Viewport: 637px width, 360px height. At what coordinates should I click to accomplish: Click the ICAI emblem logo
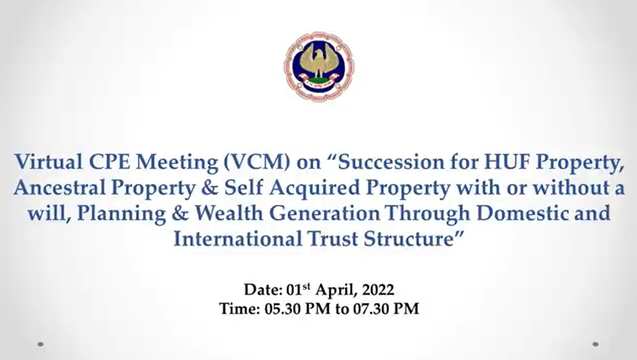(320, 66)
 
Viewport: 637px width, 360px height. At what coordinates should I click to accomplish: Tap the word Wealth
(229, 213)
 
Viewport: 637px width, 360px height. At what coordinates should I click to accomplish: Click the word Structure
(409, 238)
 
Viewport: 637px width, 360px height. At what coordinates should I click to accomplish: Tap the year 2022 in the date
(378, 290)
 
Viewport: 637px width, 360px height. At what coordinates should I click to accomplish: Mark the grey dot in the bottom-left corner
(40, 344)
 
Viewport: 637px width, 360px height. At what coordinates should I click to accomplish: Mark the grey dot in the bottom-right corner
(595, 344)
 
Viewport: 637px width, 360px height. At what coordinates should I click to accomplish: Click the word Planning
(122, 214)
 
